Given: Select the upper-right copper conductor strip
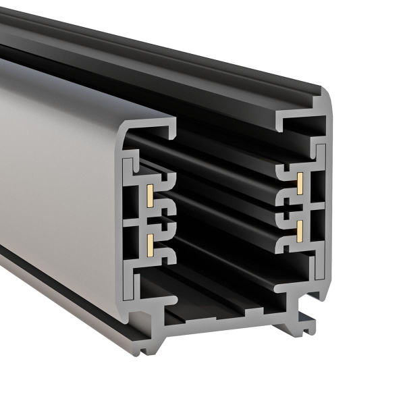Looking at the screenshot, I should click(298, 180).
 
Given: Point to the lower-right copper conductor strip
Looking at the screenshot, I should click(298, 229).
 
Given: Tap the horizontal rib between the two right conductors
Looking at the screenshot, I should click(300, 205).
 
